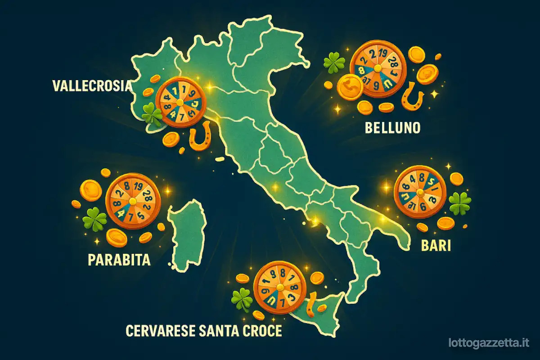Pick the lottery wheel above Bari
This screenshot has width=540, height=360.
click(x=420, y=191)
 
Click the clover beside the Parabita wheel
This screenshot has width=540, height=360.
click(x=95, y=220)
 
